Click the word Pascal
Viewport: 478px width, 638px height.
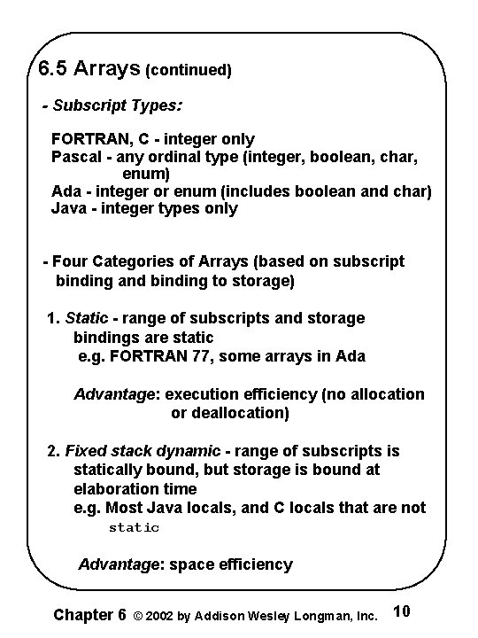[75, 157]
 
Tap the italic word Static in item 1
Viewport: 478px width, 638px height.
[86, 317]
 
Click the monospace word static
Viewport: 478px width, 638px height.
[134, 527]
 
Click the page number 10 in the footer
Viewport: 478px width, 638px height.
[400, 611]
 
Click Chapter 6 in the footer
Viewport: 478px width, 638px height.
[89, 613]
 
